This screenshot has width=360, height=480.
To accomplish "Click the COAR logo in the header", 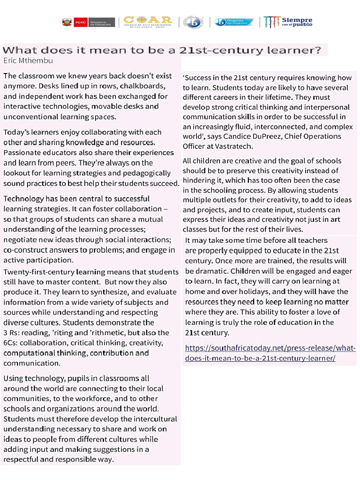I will [x=147, y=22].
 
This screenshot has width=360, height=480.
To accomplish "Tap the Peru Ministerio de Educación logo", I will [x=89, y=22].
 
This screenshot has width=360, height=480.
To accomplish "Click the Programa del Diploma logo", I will [x=233, y=22].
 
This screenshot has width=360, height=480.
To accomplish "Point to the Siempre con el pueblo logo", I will [x=288, y=22].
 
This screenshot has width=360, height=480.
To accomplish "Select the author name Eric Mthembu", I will [x=28, y=60].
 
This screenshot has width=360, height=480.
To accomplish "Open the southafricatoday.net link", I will [x=270, y=353].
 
